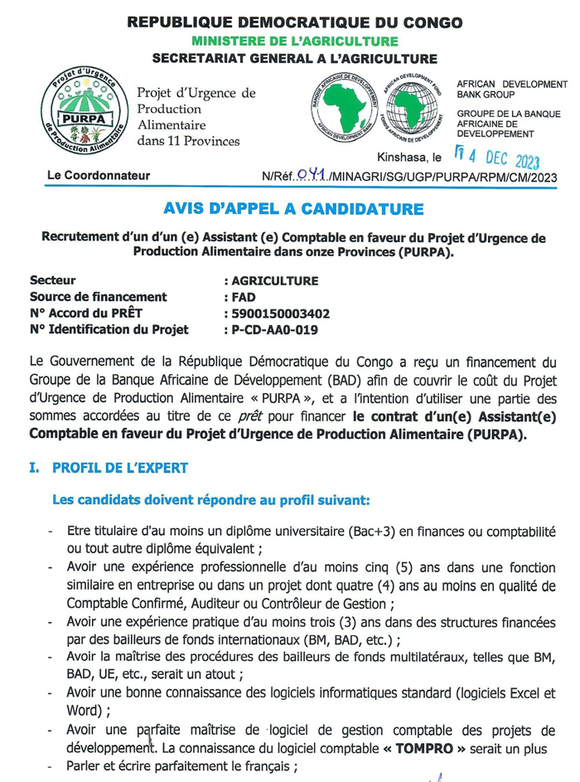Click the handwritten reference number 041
[312, 175]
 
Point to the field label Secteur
[52, 280]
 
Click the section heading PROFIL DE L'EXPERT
[119, 469]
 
